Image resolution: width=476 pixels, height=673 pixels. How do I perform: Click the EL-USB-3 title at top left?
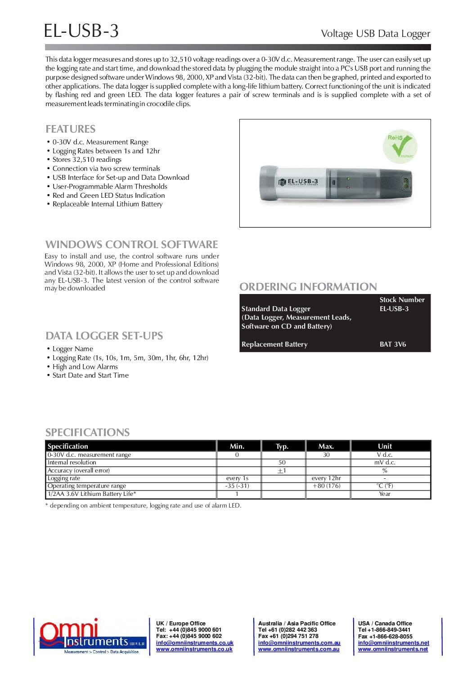[81, 31]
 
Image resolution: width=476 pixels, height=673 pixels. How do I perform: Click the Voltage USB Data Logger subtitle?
[375, 34]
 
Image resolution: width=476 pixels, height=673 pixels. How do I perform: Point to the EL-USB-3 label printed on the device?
[302, 181]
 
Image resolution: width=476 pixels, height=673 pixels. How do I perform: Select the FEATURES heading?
[71, 129]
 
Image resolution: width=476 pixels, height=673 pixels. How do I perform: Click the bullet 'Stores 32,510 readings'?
[87, 160]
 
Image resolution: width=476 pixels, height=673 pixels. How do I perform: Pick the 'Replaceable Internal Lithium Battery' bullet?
[108, 204]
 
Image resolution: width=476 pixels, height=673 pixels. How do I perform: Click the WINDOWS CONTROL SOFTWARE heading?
[131, 245]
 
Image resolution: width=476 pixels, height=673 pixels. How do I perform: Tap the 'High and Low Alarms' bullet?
[85, 367]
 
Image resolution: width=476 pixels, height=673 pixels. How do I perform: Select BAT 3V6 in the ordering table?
[393, 344]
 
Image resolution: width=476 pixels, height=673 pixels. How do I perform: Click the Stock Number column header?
[402, 300]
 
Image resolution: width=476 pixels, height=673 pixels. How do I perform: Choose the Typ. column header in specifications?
[282, 446]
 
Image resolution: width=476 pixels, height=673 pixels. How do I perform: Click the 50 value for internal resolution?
[282, 463]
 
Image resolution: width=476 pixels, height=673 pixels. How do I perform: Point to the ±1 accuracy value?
[282, 471]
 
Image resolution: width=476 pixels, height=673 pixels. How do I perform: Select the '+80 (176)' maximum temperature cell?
[326, 486]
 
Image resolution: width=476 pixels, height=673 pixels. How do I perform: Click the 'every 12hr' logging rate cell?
[326, 478]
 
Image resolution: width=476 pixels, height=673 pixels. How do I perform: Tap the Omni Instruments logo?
[91, 637]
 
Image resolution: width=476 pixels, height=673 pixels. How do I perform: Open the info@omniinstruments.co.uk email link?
[194, 643]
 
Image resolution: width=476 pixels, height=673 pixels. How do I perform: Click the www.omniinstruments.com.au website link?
[299, 649]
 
